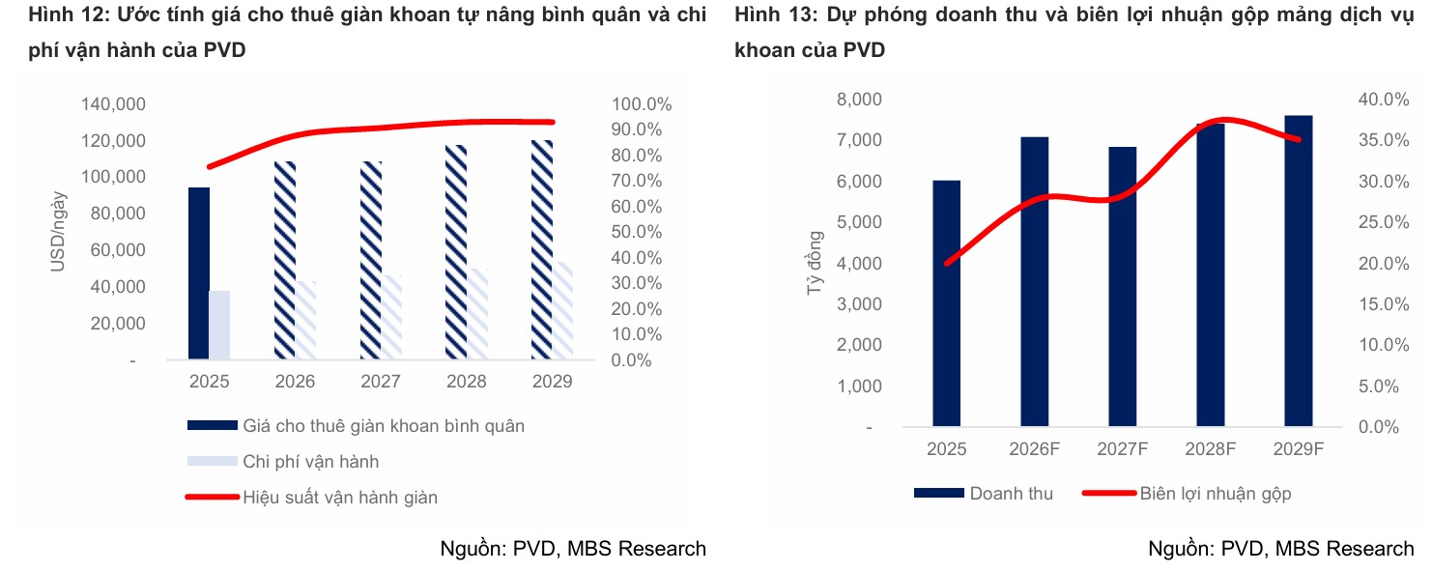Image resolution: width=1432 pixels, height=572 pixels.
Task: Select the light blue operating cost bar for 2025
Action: pos(219,325)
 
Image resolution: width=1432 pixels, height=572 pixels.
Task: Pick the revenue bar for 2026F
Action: pos(1035,281)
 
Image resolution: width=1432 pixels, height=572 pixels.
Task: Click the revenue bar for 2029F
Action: pos(1299,271)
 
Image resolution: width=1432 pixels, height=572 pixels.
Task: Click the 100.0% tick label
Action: pos(642,104)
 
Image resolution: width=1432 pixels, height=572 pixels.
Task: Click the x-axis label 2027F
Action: pos(1122,449)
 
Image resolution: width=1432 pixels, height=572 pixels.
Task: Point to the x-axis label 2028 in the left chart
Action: pos(466,381)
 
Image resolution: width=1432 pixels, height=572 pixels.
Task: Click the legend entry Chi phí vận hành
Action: pos(310,461)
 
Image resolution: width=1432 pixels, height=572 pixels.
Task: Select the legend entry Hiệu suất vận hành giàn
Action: pos(340,498)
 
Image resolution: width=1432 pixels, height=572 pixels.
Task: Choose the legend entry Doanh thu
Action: pos(1011,493)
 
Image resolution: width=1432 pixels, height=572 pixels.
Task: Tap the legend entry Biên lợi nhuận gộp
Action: pos(1215,493)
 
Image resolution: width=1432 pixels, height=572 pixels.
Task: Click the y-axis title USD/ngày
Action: pos(59,231)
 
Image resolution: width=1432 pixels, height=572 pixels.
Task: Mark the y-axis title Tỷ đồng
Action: pos(816,263)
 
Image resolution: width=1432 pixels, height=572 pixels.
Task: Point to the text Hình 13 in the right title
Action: pos(767,15)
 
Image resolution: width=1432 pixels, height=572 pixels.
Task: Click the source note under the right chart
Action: pos(1280,549)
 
